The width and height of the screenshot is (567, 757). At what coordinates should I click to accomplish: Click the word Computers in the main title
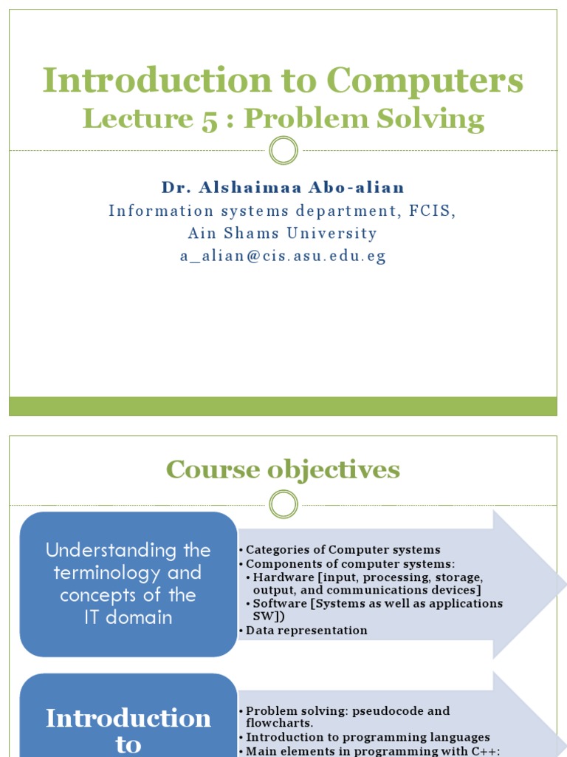click(425, 81)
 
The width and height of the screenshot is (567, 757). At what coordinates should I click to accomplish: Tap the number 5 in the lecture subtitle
click(209, 119)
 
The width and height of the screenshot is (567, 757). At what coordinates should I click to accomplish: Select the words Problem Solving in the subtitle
click(364, 119)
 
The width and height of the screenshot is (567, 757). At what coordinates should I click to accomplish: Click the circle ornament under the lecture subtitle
click(283, 151)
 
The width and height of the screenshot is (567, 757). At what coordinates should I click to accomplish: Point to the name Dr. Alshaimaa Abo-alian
click(283, 188)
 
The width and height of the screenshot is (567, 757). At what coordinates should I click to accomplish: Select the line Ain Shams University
click(283, 234)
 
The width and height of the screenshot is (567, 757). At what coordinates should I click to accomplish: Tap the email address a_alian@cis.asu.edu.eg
click(283, 257)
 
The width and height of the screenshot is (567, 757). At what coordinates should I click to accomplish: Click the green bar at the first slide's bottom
click(283, 406)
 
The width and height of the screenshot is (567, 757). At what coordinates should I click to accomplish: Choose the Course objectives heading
click(283, 469)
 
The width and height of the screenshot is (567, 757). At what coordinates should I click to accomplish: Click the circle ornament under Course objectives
click(283, 506)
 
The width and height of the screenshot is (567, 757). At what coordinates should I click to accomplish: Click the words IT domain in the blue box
click(128, 618)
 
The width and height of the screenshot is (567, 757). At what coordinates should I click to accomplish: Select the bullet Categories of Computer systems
click(343, 549)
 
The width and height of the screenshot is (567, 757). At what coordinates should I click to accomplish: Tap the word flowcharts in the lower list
click(278, 723)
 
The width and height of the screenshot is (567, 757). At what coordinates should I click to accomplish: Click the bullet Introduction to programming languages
click(368, 737)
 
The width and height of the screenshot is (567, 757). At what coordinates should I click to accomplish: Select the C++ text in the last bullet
click(485, 751)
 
